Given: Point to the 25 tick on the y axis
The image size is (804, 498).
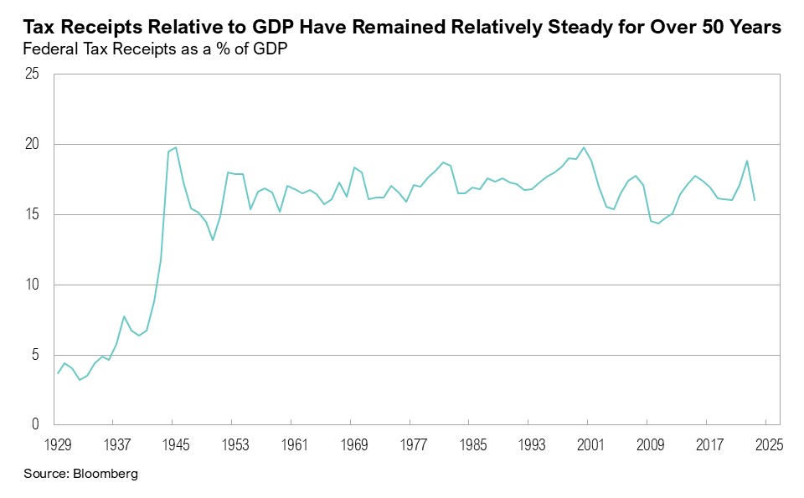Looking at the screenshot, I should pyautogui.click(x=33, y=74).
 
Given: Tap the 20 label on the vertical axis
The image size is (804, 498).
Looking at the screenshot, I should pyautogui.click(x=33, y=145).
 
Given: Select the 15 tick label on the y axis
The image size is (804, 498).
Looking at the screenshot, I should pyautogui.click(x=33, y=215).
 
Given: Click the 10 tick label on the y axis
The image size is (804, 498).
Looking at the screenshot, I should pyautogui.click(x=33, y=285).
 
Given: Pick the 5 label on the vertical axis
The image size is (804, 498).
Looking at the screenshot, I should pyautogui.click(x=36, y=356).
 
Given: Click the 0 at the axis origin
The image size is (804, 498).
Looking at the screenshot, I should pyautogui.click(x=36, y=425).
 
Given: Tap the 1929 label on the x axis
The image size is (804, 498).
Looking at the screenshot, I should pyautogui.click(x=57, y=444).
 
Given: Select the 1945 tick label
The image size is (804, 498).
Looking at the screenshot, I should pyautogui.click(x=175, y=444).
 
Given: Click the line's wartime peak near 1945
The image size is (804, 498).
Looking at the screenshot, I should pyautogui.click(x=175, y=147).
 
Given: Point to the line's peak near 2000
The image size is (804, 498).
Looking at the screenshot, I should pyautogui.click(x=584, y=147).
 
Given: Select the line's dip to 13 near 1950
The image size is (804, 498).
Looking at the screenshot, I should pyautogui.click(x=213, y=240).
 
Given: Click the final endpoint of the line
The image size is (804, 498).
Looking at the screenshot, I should pyautogui.click(x=755, y=200).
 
